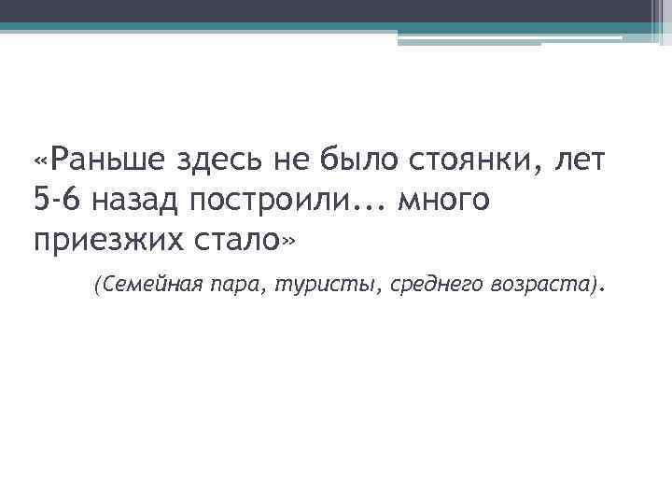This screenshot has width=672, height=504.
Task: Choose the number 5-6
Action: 55,200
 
